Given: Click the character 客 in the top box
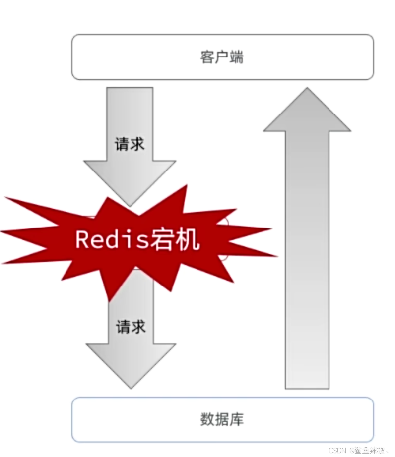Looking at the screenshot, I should point(207,57).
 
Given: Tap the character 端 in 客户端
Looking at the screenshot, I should point(237,57).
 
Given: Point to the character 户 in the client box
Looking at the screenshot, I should point(222,57).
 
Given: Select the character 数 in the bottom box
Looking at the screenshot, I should point(207,420).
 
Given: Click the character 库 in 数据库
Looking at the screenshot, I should point(237,420).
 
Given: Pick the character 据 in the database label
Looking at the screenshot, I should point(222,420).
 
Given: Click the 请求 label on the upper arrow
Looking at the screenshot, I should point(130,144).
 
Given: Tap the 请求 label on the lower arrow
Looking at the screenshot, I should point(131,327).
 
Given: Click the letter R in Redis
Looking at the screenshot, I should point(82,239).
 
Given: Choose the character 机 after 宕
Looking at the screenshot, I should point(188,239).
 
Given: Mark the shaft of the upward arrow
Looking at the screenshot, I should point(307,258).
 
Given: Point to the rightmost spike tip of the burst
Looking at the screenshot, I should point(275,256).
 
